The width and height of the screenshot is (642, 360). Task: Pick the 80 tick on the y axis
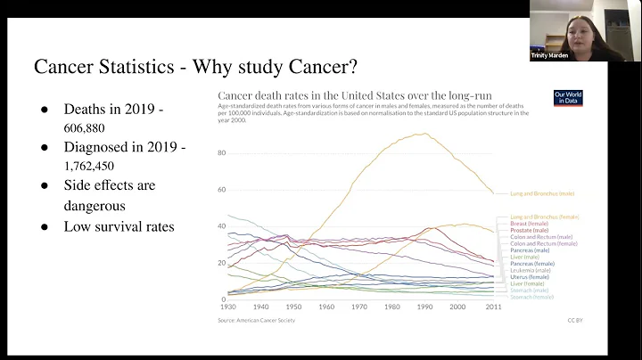tap(222, 152)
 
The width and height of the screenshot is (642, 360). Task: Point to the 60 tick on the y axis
tap(222, 189)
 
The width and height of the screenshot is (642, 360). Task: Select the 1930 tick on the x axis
tap(228, 307)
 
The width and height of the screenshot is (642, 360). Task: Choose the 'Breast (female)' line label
tap(531, 224)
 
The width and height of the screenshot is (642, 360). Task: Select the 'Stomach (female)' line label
tap(531, 297)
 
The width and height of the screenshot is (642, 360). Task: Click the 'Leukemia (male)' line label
tap(531, 270)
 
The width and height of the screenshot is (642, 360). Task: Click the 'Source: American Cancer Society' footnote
tap(257, 320)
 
